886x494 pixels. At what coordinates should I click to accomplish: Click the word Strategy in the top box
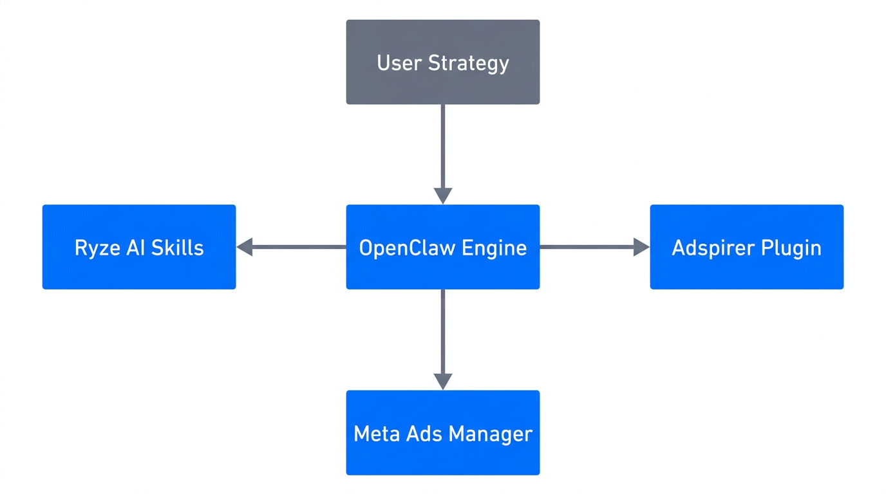tap(469, 63)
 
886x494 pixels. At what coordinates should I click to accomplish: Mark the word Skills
tap(178, 248)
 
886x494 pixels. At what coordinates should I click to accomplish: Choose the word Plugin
tap(794, 248)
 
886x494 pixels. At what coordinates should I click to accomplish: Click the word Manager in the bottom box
tap(490, 434)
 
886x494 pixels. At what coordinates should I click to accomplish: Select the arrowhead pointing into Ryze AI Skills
tap(245, 247)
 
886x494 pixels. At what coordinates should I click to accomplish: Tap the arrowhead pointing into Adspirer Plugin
tap(641, 247)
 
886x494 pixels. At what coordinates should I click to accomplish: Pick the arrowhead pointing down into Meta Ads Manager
tap(443, 381)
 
